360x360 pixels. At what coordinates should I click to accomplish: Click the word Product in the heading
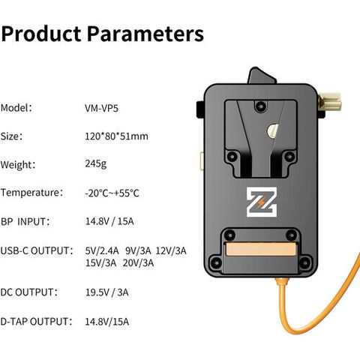point(41,33)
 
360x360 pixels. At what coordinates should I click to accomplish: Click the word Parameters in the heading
point(145,33)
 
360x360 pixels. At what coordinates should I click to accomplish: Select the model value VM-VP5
point(101,108)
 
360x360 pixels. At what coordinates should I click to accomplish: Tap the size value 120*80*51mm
point(116,136)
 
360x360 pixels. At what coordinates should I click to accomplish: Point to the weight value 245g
point(96,164)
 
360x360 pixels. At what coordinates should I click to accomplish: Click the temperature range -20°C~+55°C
point(112,193)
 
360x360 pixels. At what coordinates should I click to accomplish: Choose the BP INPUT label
point(25,222)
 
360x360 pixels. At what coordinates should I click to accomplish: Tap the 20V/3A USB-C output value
point(138,263)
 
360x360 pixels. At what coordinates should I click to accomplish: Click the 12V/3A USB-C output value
point(171,250)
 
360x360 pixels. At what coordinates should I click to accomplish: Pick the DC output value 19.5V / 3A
point(107,292)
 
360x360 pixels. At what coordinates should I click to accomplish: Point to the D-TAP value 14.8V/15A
point(107,322)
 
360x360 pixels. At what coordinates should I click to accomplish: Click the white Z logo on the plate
point(262,202)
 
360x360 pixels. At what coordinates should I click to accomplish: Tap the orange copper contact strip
point(261,250)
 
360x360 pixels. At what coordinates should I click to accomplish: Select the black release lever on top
point(261,76)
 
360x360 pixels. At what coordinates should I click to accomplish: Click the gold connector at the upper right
point(329,102)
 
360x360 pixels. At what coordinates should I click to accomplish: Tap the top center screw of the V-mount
point(260,106)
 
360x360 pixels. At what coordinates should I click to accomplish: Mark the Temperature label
point(31,193)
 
